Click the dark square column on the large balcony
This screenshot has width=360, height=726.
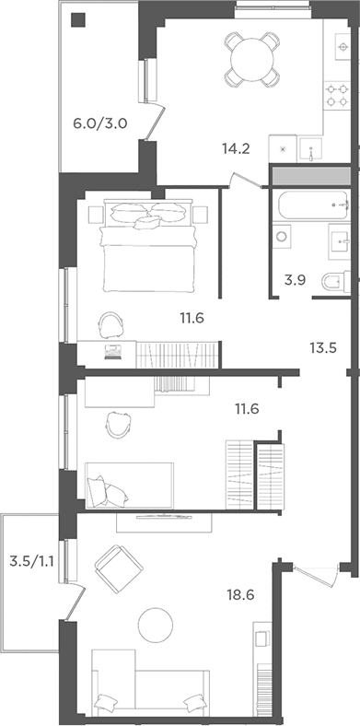pos(78,19)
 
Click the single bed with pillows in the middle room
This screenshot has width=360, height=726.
pos(130,484)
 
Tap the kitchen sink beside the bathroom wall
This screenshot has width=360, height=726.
pos(313,150)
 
